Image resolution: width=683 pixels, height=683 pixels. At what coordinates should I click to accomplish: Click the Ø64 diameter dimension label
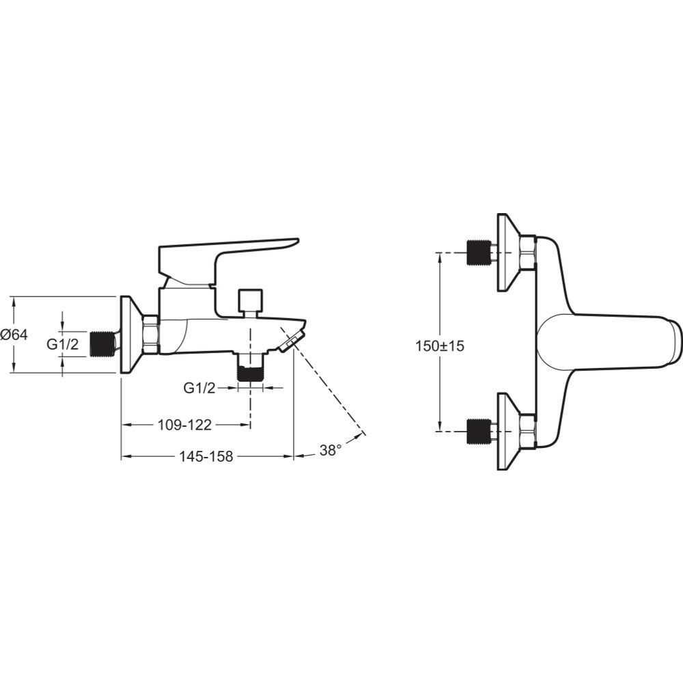[14, 335]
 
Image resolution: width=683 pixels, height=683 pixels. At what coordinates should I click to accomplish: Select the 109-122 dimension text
[184, 425]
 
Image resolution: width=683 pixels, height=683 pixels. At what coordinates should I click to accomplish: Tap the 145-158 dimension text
[206, 456]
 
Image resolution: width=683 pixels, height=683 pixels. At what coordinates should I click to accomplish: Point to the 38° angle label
[331, 450]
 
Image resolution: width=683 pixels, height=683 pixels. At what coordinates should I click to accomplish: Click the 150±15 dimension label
[439, 346]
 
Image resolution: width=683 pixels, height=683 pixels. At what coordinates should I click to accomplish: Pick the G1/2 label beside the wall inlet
[63, 344]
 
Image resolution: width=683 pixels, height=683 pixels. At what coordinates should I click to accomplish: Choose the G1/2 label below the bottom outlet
[199, 388]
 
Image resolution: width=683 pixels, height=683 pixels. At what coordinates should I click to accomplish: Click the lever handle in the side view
[228, 263]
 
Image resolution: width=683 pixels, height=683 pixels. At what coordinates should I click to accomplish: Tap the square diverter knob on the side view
[251, 299]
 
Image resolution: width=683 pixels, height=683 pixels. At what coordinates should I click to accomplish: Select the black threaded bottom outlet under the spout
[251, 374]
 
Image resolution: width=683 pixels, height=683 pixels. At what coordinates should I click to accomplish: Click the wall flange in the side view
[130, 335]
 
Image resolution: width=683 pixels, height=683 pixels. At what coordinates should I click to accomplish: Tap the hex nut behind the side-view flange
[151, 335]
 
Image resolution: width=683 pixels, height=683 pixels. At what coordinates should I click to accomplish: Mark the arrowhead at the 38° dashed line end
[363, 433]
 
